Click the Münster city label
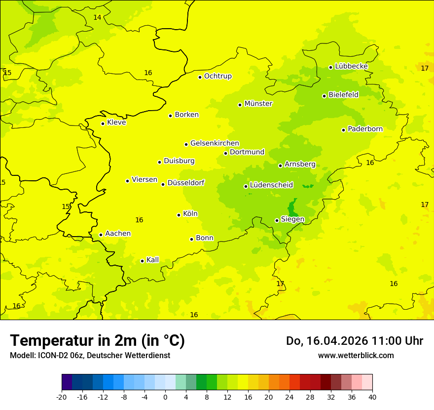[x=258, y=104]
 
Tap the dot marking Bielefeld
[x=324, y=96]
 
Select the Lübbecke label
[x=351, y=66]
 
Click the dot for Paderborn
[x=343, y=130]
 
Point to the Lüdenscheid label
[x=271, y=185]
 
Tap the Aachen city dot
[x=101, y=235]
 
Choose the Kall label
[x=153, y=260]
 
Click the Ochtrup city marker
[x=200, y=77]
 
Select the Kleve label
[x=116, y=123]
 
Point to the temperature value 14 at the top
[x=97, y=17]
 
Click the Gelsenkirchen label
[x=215, y=143]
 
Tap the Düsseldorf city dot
[x=163, y=184]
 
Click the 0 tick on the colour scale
[x=165, y=397]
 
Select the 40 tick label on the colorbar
[x=372, y=397]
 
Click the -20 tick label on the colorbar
[x=62, y=397]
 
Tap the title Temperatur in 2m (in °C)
[x=97, y=340]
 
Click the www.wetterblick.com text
[x=356, y=355]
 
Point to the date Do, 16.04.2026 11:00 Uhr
[x=354, y=341]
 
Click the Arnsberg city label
[x=300, y=164]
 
